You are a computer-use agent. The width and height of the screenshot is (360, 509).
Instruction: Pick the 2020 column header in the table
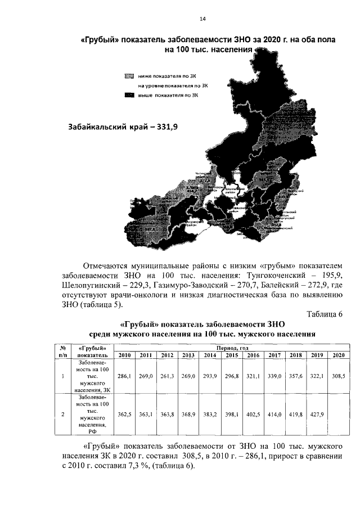pos(337,355)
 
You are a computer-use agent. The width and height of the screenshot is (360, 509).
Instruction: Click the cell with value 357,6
pos(295,375)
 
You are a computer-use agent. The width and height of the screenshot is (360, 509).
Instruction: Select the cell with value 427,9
pos(317,415)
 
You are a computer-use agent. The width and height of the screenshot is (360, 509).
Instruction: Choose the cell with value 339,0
pos(274,375)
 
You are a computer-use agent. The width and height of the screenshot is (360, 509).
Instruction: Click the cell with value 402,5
pos(253,415)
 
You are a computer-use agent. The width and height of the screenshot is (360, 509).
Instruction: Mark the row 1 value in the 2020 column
pos(337,375)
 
